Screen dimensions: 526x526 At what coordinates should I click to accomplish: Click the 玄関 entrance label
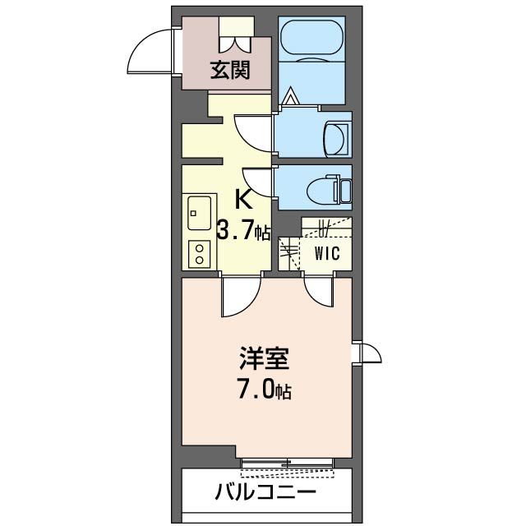(x=229, y=71)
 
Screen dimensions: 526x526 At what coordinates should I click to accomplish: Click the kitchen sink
(x=198, y=215)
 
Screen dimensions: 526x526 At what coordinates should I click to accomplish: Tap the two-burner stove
(x=198, y=253)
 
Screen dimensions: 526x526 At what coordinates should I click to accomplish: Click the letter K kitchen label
(x=244, y=200)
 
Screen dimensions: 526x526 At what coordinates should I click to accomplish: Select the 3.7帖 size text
(x=243, y=231)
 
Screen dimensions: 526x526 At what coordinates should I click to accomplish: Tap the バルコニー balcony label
(x=265, y=493)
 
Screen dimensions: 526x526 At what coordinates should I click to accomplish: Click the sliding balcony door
(x=288, y=465)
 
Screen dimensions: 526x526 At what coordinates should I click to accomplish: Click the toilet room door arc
(x=257, y=180)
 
